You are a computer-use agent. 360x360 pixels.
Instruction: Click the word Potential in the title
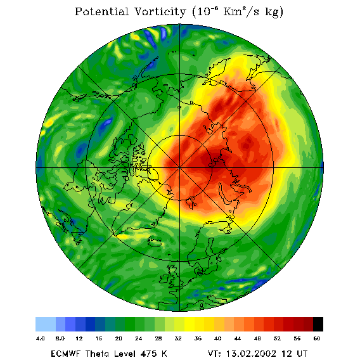101,11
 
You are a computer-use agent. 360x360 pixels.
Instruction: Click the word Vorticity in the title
160,11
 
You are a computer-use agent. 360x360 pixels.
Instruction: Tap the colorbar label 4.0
41,338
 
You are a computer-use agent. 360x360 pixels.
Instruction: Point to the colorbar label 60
317,338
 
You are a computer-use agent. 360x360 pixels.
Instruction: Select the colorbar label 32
178,338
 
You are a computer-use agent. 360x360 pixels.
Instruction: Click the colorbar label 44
238,338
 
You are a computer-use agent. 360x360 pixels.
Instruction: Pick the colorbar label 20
119,338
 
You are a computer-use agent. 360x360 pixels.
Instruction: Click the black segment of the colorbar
318,324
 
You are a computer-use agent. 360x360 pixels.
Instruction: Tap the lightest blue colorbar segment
46,324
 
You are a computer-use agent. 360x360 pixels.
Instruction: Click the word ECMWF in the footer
65,354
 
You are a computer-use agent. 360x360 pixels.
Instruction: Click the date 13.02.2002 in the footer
251,354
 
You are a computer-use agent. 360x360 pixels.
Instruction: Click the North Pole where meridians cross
179,168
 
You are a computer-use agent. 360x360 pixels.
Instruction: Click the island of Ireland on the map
165,278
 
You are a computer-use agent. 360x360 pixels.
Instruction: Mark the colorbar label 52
277,338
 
